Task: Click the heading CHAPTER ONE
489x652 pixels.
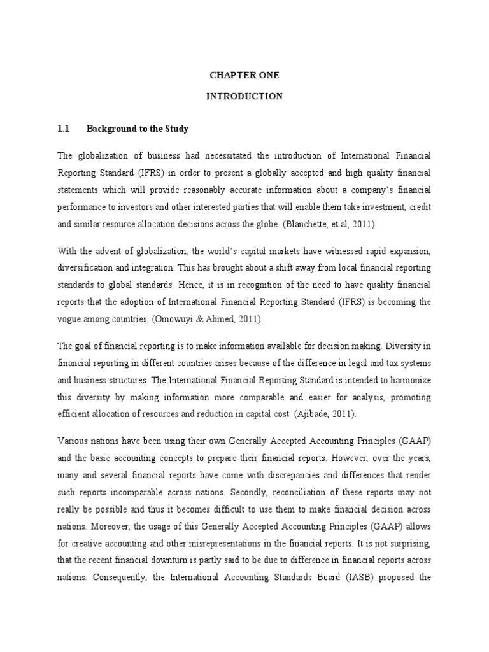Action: tap(244, 75)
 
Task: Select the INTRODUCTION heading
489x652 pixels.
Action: tap(244, 97)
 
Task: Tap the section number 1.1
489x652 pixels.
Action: tap(63, 129)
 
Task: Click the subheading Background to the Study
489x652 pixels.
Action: tap(138, 129)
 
